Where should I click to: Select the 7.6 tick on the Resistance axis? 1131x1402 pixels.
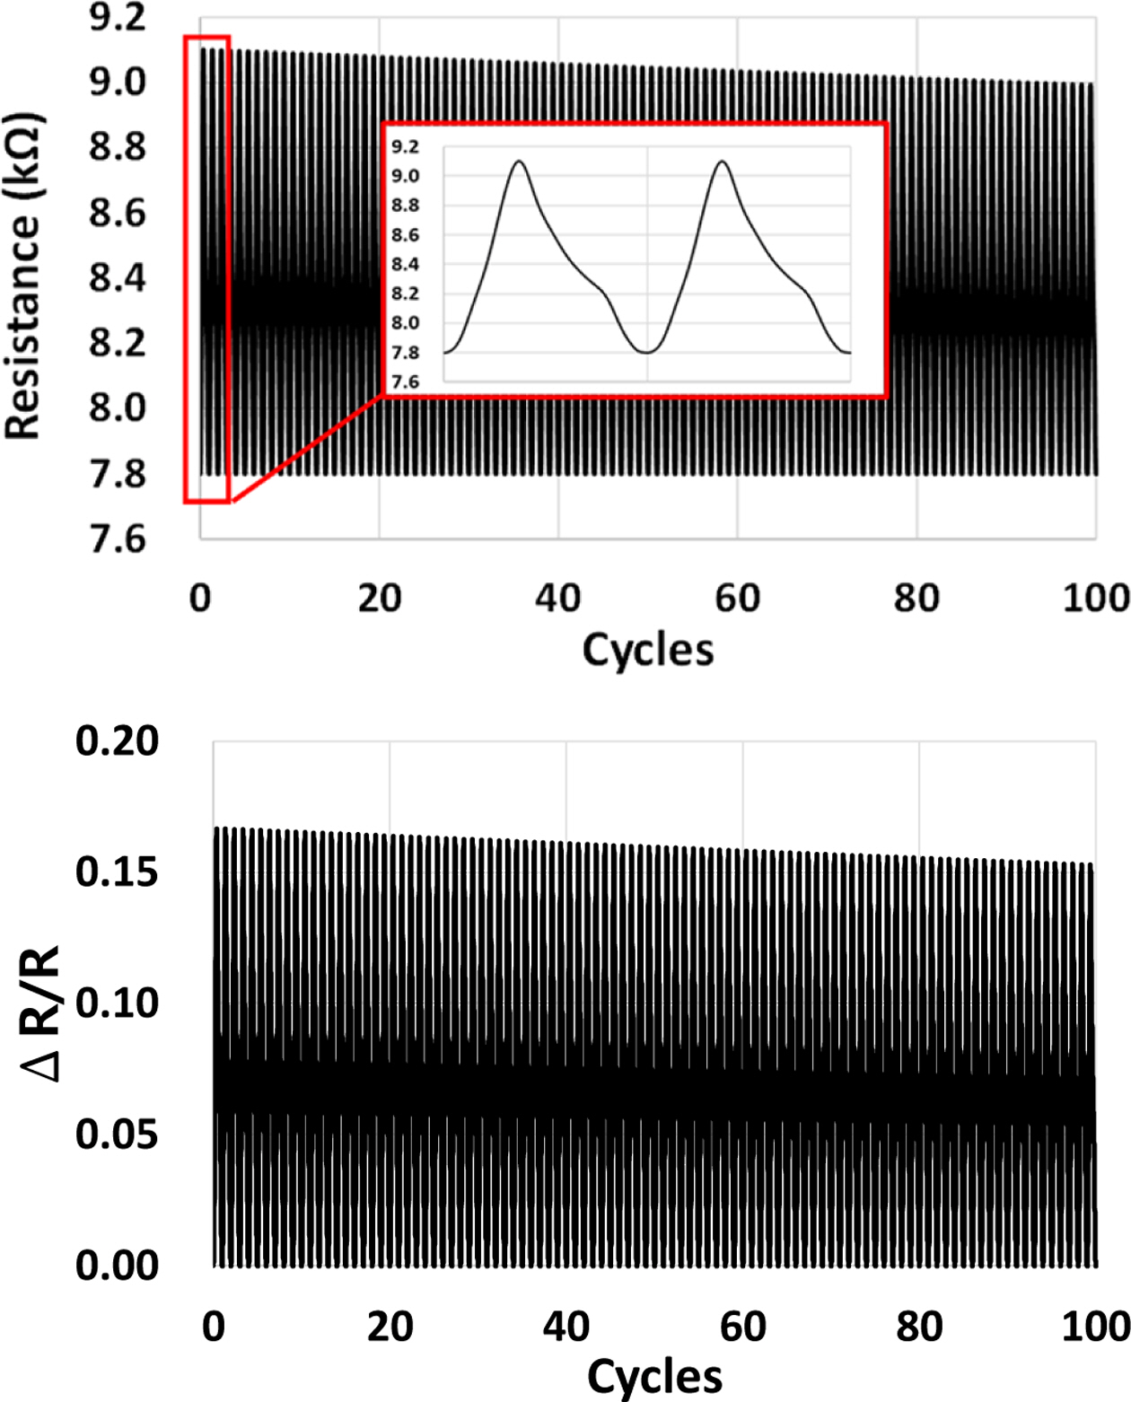coord(118,539)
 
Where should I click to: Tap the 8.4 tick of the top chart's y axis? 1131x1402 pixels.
coord(118,277)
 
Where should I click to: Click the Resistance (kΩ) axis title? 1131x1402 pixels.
coord(23,276)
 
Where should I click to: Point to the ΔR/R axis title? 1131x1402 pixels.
coord(41,1012)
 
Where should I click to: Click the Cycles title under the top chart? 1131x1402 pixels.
coord(648,649)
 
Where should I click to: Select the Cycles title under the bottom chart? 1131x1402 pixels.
coord(654,1376)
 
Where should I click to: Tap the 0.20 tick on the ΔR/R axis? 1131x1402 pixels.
coord(118,741)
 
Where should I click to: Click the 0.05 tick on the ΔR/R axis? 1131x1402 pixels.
coord(118,1135)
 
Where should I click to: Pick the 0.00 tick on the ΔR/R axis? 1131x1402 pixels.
coord(118,1266)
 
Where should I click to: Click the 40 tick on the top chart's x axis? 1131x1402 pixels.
coord(558,598)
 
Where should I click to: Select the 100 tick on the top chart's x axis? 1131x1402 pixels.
coord(1096,598)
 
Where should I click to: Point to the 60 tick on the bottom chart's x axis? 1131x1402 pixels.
coord(742,1327)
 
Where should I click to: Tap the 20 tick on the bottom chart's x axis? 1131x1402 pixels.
coord(390,1327)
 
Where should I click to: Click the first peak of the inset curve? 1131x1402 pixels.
coord(519,162)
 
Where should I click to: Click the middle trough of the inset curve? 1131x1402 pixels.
coord(646,352)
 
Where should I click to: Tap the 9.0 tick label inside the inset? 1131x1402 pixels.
coord(405,176)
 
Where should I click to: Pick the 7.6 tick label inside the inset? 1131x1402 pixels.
coord(405,382)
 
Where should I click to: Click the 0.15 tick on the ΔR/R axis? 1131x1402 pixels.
coord(118,872)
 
